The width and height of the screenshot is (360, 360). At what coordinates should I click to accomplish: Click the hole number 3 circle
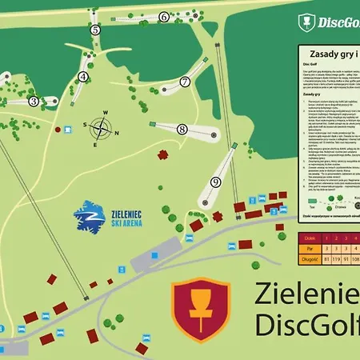34,102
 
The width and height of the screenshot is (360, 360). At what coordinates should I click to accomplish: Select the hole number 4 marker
82,78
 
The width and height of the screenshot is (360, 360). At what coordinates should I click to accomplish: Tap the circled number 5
94,30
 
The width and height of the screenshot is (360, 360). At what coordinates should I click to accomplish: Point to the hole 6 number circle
163,17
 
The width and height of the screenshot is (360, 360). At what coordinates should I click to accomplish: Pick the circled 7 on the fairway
184,82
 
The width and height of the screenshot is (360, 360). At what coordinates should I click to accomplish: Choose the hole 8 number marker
182,129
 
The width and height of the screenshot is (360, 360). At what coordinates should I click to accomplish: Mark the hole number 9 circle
215,182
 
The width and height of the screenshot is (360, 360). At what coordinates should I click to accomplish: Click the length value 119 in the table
338,258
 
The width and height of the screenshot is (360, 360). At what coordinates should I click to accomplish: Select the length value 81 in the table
326,258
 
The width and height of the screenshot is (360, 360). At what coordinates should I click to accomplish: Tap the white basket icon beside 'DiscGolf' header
304,20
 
